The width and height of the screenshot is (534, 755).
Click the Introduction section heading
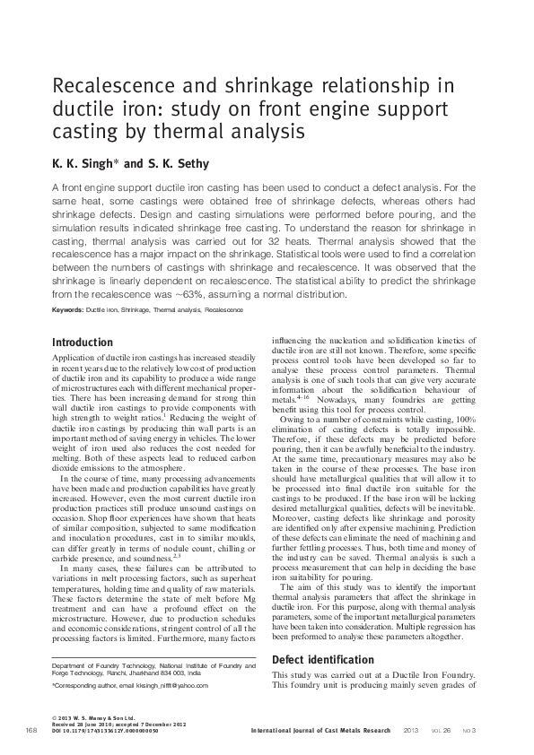(x=83, y=343)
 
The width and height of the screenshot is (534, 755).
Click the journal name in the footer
(x=321, y=731)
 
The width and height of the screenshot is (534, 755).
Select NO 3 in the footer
(x=469, y=731)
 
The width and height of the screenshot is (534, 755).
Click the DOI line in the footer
(x=106, y=731)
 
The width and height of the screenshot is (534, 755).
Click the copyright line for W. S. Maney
(x=92, y=718)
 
